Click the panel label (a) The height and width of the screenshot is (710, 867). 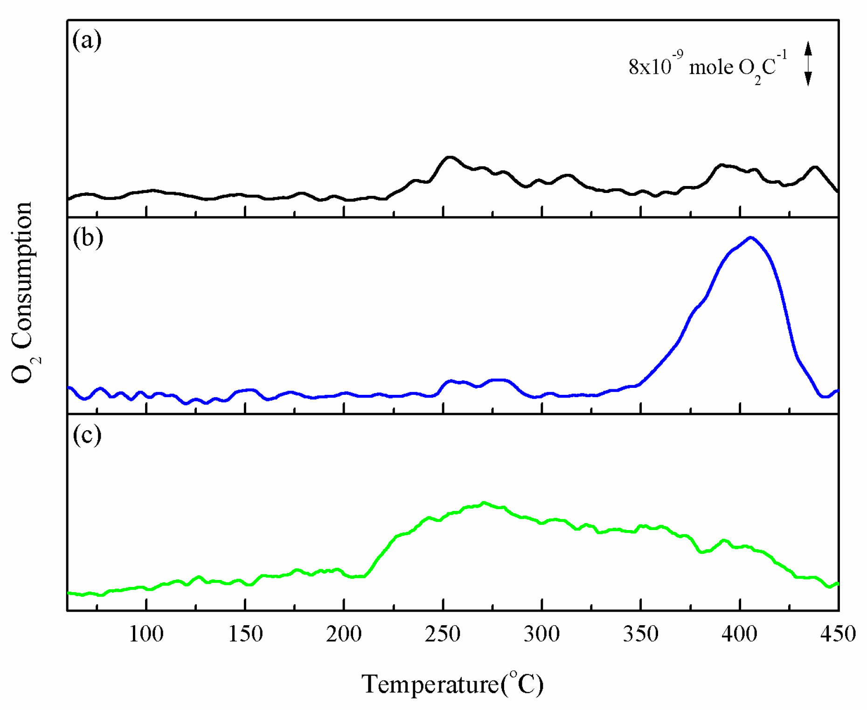pos(87,40)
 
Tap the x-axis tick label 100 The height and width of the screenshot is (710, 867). pos(146,634)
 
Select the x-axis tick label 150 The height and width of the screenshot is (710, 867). pos(245,634)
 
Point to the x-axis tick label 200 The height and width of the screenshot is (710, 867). pos(344,634)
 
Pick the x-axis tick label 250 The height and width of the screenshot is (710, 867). pos(443,634)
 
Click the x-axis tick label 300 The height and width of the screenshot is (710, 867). pos(541,634)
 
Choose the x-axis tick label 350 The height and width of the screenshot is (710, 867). pos(641,634)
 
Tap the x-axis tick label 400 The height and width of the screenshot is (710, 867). pos(740,634)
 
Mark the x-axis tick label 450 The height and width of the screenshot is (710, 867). pos(838,634)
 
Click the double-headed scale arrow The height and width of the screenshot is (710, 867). pos(808,64)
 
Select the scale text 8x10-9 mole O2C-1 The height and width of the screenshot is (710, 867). pos(707,68)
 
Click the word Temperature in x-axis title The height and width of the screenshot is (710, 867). pos(430,684)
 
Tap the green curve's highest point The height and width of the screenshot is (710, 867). pos(484,503)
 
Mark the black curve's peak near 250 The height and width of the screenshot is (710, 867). pos(449,157)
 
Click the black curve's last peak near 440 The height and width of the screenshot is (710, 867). pos(815,167)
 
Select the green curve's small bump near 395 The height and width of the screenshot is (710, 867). pos(724,540)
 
